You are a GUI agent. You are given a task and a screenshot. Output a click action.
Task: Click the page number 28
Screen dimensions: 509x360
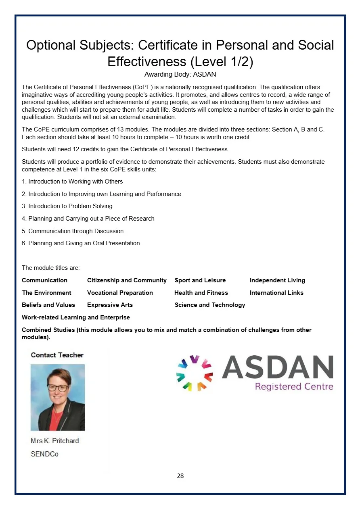[x=180, y=476]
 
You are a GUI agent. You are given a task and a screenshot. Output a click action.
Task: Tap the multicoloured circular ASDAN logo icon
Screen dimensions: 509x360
[x=195, y=373]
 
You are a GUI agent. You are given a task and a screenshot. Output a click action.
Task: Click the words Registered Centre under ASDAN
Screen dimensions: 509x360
[x=294, y=387]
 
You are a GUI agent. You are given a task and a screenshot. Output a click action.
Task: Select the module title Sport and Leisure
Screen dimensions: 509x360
[x=200, y=280]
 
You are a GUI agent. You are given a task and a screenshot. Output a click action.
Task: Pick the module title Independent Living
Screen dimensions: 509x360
[x=277, y=280]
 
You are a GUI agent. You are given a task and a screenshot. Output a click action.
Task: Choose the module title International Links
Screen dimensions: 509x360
[x=276, y=293]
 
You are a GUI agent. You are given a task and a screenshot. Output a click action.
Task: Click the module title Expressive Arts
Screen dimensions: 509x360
[x=110, y=305]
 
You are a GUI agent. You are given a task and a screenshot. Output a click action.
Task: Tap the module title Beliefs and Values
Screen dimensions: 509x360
[x=48, y=305]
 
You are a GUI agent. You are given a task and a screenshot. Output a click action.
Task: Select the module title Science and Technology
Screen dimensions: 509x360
[x=210, y=305]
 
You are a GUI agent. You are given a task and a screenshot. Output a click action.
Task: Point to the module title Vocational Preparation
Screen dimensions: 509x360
[x=120, y=293]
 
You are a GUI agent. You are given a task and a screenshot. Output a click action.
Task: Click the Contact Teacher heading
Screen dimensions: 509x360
[x=57, y=355]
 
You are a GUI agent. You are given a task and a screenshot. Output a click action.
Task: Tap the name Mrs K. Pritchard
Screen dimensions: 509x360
[x=55, y=441]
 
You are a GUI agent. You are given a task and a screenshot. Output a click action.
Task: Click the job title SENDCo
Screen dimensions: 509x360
[x=44, y=454]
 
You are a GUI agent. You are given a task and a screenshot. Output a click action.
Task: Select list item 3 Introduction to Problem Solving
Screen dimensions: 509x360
[x=67, y=206]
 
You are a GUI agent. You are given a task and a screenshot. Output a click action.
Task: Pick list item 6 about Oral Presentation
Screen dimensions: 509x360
[x=81, y=243]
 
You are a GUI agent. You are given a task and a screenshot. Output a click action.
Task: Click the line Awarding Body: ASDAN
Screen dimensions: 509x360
[x=180, y=75]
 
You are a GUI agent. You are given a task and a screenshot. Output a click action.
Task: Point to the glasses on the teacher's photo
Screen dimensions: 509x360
[x=58, y=388]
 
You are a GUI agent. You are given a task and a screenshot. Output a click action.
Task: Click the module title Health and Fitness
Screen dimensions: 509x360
[x=201, y=293]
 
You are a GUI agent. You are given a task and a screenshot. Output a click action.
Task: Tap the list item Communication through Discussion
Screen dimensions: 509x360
[x=73, y=231]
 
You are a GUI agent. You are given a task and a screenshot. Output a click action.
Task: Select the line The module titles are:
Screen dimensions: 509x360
[x=51, y=268]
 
